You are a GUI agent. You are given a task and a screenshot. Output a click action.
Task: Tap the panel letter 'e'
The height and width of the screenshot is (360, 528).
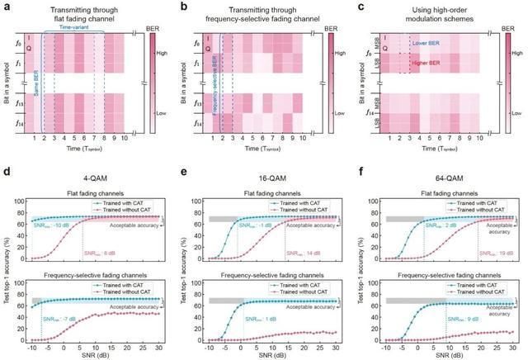[183, 174]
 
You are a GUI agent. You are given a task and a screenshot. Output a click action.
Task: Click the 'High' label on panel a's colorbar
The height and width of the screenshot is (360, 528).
[160, 49]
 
